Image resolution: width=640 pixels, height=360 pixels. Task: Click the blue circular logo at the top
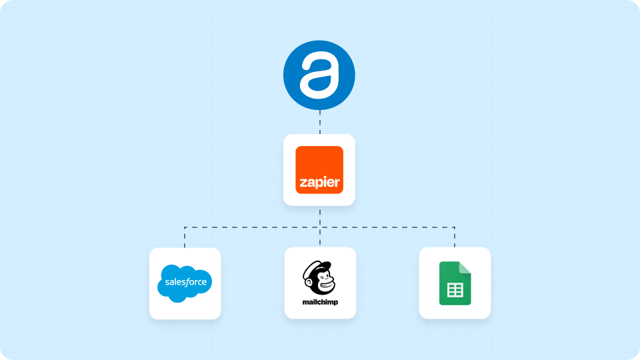(319, 74)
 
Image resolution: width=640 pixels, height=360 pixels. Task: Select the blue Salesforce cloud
(185, 283)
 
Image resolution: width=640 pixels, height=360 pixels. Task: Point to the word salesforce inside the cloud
(185, 283)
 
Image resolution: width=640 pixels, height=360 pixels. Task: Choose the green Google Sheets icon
(455, 283)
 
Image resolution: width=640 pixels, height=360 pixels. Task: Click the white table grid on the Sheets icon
(455, 290)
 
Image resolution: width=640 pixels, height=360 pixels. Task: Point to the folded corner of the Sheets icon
(465, 267)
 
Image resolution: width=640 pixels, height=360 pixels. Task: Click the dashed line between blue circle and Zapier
(320, 121)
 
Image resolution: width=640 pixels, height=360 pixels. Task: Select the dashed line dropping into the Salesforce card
(185, 238)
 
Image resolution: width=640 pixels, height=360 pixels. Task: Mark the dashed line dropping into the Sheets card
(455, 238)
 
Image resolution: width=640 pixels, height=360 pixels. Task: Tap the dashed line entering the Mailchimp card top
(320, 239)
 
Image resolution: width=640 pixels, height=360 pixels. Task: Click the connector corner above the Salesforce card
(185, 227)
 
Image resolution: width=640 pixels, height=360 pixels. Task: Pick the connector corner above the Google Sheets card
(455, 227)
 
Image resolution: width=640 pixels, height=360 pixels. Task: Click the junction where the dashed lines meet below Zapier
(320, 227)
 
